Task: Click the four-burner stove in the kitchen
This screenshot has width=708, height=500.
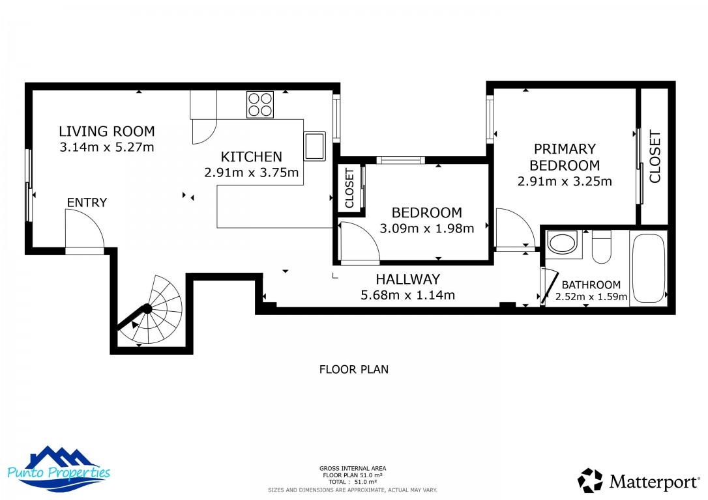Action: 260,105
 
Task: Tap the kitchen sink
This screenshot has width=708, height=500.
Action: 314,146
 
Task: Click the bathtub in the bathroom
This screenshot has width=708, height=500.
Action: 648,268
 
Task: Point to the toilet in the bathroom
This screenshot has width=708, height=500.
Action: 601,247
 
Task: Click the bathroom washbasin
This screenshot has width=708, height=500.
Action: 563,244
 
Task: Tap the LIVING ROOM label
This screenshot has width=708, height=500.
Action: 107,131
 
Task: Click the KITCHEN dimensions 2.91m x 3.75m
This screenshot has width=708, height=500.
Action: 251,173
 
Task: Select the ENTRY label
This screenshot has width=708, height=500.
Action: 87,202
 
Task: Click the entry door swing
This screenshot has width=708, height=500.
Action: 83,232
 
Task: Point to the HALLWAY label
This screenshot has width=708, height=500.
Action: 407,279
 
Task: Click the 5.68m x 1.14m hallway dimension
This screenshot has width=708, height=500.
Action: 407,295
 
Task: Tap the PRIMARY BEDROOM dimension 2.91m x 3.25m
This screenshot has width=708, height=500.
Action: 565,182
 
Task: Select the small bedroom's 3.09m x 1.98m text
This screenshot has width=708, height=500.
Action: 426,228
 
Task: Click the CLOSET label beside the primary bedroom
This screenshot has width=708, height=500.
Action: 655,157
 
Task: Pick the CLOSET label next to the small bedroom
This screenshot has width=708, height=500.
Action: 349,189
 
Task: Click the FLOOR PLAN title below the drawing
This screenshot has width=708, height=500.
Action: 353,370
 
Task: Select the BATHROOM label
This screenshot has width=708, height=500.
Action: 591,285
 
